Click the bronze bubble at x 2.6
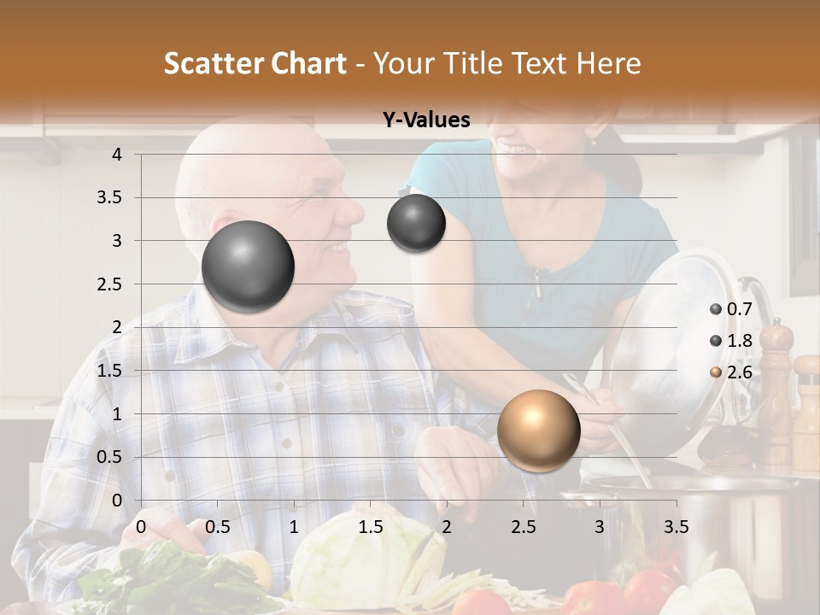[x=538, y=430]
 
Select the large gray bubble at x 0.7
[x=248, y=266]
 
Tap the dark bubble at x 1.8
[x=416, y=224]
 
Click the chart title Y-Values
[x=426, y=120]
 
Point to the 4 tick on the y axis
[x=117, y=155]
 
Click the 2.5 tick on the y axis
[x=110, y=284]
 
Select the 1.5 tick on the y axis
[x=110, y=371]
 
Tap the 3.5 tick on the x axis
[x=676, y=527]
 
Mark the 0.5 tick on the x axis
[x=218, y=527]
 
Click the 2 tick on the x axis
[x=447, y=527]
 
